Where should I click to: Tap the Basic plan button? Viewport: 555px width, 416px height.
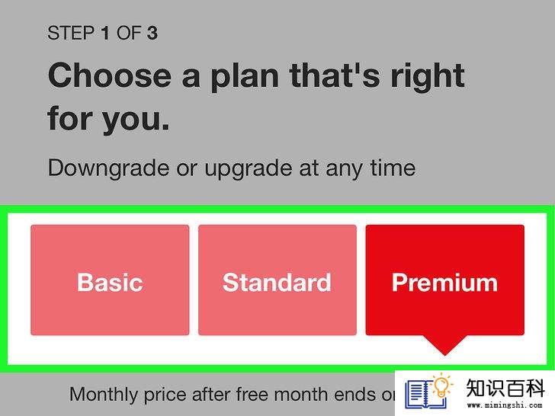coord(110,280)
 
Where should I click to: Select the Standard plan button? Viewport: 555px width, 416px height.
coord(277,280)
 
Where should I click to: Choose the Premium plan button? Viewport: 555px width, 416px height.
coord(445,280)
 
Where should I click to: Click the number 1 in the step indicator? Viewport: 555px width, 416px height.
coord(104,33)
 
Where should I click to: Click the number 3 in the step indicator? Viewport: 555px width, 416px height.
coord(152,33)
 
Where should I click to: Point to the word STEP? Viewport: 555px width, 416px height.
coord(71,33)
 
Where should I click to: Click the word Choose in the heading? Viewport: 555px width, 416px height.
coord(110,75)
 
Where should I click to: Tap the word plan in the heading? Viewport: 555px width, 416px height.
coord(245,77)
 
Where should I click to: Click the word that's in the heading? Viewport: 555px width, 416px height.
coord(335,75)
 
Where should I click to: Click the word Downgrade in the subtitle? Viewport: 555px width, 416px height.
coord(108,168)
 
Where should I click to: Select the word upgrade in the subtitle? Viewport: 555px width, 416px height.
coord(249,169)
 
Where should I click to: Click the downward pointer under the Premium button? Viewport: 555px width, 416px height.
coord(445,344)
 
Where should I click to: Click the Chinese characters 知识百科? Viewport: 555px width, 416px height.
coord(505,389)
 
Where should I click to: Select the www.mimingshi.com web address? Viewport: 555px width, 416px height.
coord(505,405)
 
